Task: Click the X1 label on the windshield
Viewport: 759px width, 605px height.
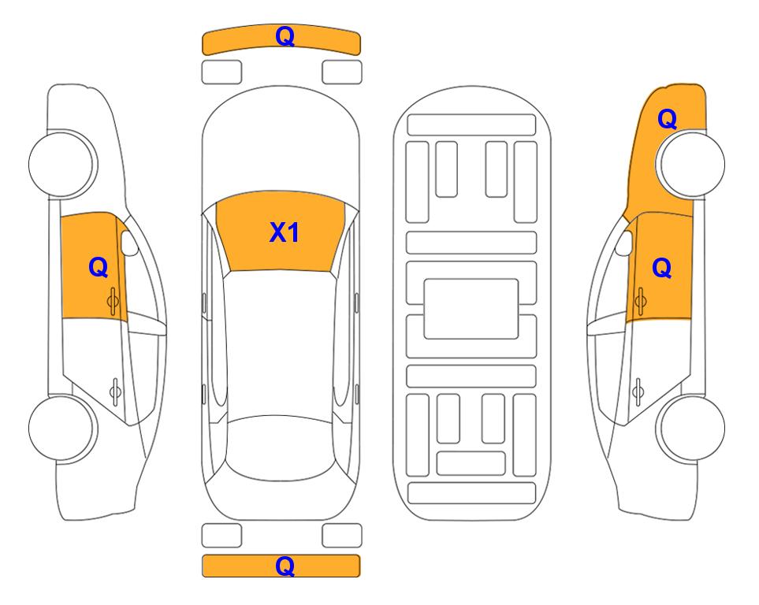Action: pyautogui.click(x=285, y=232)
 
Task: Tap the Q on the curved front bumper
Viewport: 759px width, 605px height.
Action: pyautogui.click(x=285, y=36)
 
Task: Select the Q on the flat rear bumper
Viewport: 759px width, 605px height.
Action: pyautogui.click(x=285, y=566)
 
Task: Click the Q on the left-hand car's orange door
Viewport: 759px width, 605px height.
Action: pyautogui.click(x=99, y=267)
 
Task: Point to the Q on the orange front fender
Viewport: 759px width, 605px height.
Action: pyautogui.click(x=667, y=119)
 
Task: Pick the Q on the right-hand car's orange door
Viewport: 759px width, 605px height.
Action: pyautogui.click(x=662, y=268)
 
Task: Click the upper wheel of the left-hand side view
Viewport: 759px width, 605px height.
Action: pyautogui.click(x=61, y=164)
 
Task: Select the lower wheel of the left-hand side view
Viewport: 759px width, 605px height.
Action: pyautogui.click(x=61, y=428)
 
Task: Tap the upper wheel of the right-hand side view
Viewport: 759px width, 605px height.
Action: pyautogui.click(x=692, y=164)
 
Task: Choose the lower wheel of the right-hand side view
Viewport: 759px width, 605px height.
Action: pyautogui.click(x=692, y=428)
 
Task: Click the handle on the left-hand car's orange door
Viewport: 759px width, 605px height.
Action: pyautogui.click(x=113, y=302)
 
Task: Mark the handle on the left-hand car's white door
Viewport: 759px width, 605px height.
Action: pyautogui.click(x=115, y=391)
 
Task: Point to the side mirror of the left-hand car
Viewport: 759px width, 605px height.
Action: pyautogui.click(x=130, y=243)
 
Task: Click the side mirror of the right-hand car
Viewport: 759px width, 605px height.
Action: pyautogui.click(x=624, y=243)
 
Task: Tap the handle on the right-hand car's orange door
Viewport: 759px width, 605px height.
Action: pyautogui.click(x=641, y=302)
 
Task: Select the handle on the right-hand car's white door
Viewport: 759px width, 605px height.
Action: pyautogui.click(x=638, y=391)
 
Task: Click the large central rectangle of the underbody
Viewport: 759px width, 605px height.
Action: pyautogui.click(x=471, y=309)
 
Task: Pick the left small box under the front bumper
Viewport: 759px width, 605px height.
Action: pyautogui.click(x=221, y=72)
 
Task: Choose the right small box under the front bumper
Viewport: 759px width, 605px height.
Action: pyautogui.click(x=342, y=72)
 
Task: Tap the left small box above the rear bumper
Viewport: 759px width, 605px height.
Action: pyautogui.click(x=221, y=536)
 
